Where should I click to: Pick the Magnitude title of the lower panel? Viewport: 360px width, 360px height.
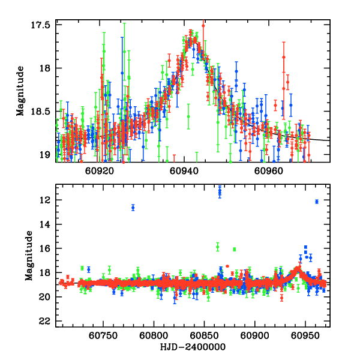[29, 256]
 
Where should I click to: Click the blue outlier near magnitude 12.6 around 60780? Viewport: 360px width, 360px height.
[133, 208]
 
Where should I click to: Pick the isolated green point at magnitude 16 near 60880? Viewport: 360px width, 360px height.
[235, 249]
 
